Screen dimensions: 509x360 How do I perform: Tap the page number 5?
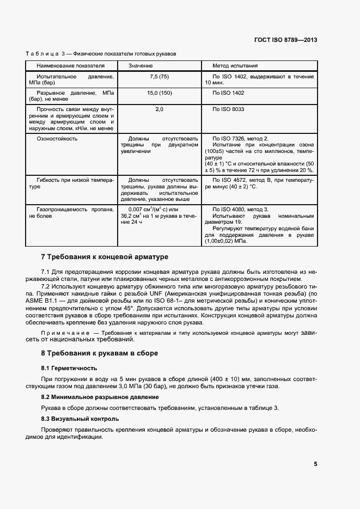[315, 464]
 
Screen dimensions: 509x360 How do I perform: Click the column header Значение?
[141, 65]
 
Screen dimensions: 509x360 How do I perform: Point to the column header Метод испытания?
[235, 65]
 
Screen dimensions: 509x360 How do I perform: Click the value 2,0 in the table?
[159, 110]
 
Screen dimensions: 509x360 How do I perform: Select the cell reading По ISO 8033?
[229, 109]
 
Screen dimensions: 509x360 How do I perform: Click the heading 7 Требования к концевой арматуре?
[105, 256]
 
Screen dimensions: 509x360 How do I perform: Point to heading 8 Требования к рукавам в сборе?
[100, 353]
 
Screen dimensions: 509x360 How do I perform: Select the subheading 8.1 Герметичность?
[69, 368]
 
